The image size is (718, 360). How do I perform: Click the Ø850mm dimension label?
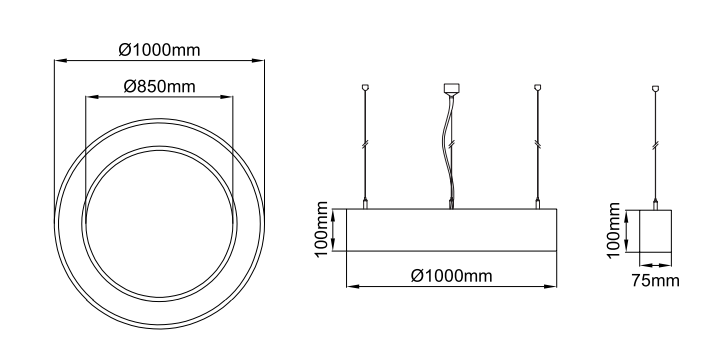[159, 86]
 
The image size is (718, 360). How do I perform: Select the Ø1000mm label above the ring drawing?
[159, 49]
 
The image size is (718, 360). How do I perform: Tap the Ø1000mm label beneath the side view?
[451, 276]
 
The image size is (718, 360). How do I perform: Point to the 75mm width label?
[655, 280]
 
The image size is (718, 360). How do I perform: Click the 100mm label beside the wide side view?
[322, 229]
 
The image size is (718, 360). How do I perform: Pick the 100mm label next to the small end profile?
[613, 230]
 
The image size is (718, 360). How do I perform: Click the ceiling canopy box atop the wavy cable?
[451, 88]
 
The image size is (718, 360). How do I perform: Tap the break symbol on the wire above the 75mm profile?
[655, 145]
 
